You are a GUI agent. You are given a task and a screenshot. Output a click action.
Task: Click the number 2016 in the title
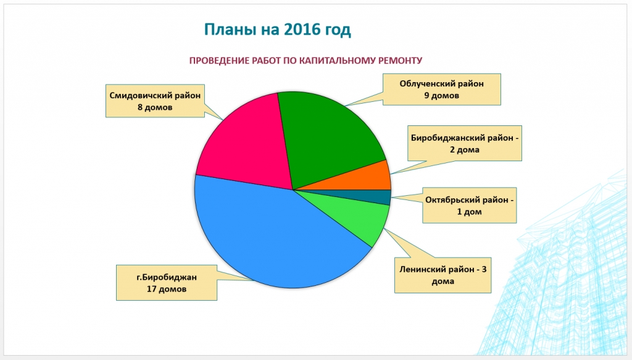[300, 30]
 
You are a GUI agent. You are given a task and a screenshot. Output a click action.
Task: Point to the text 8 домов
[155, 107]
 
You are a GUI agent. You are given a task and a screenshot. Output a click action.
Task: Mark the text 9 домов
[442, 96]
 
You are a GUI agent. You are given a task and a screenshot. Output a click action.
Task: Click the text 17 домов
[167, 289]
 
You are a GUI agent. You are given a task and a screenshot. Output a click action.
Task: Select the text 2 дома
[465, 150]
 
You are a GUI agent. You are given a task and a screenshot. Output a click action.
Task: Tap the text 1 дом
[469, 212]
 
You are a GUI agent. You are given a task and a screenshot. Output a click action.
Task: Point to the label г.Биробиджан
[167, 277]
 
